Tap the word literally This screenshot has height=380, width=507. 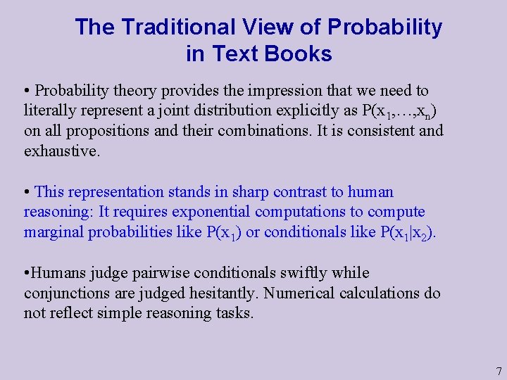[x=49, y=111]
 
